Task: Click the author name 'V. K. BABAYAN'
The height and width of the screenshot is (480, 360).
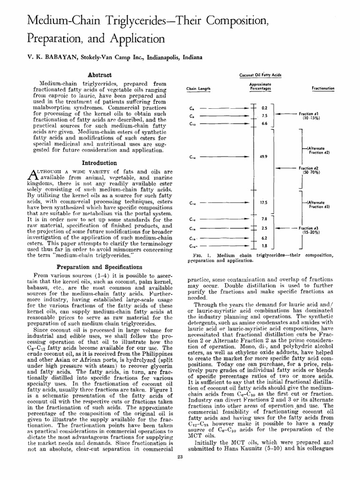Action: (40, 57)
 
